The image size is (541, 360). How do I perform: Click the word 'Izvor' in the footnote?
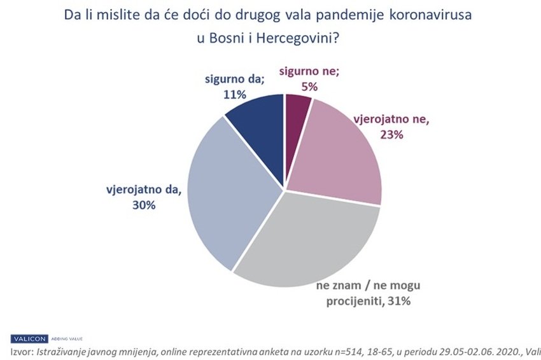[22, 351]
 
